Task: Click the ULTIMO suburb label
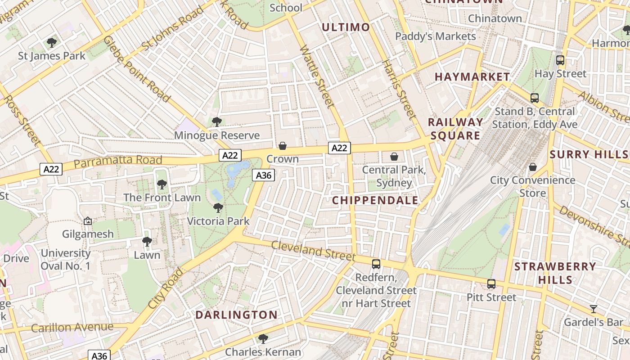click(346, 27)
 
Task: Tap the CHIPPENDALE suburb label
click(375, 201)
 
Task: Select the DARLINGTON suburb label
click(236, 315)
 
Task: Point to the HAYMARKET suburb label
click(472, 77)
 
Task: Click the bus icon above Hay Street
click(560, 60)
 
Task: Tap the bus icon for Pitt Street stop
click(491, 284)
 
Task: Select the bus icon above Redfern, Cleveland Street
click(376, 264)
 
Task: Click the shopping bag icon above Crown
click(283, 146)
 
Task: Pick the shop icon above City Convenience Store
click(533, 167)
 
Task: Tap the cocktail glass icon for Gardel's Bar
click(594, 309)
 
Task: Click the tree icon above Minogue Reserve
click(217, 121)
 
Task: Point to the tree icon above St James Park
click(52, 43)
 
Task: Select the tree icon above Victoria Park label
click(218, 207)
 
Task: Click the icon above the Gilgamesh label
click(88, 221)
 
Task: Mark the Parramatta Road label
click(117, 161)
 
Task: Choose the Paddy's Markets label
click(435, 36)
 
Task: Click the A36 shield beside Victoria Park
click(263, 175)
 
